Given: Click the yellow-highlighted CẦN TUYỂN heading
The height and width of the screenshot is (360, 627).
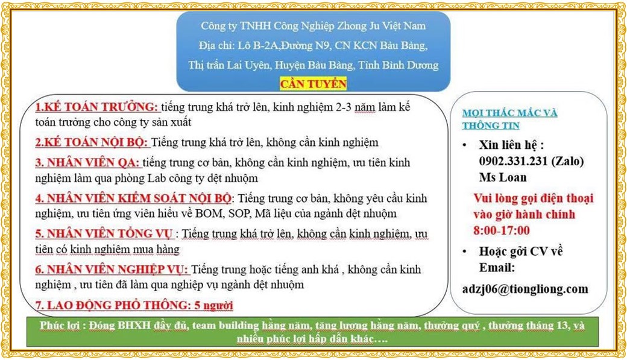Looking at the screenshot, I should pyautogui.click(x=313, y=84).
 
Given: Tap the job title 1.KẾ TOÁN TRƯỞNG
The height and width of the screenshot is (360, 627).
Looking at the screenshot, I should pyautogui.click(x=96, y=107).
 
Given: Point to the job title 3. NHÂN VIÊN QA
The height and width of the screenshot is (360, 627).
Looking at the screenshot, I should pyautogui.click(x=87, y=163).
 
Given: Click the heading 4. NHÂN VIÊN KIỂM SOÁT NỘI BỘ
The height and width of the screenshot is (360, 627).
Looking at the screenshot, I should pyautogui.click(x=133, y=198).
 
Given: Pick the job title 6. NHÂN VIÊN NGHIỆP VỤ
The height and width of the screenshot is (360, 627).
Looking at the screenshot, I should pyautogui.click(x=112, y=269).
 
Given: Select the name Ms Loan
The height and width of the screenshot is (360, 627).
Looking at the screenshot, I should pyautogui.click(x=503, y=177).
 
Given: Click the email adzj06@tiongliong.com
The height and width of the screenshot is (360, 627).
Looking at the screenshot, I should pyautogui.click(x=525, y=289).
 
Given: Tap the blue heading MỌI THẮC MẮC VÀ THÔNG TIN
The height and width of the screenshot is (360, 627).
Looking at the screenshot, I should pyautogui.click(x=509, y=119).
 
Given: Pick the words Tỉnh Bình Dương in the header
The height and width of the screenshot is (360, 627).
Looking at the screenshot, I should pyautogui.click(x=405, y=65).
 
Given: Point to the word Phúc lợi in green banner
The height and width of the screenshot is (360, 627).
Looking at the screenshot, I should pyautogui.click(x=62, y=326).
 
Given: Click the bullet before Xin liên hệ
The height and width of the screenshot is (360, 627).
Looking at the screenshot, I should pyautogui.click(x=464, y=146).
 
